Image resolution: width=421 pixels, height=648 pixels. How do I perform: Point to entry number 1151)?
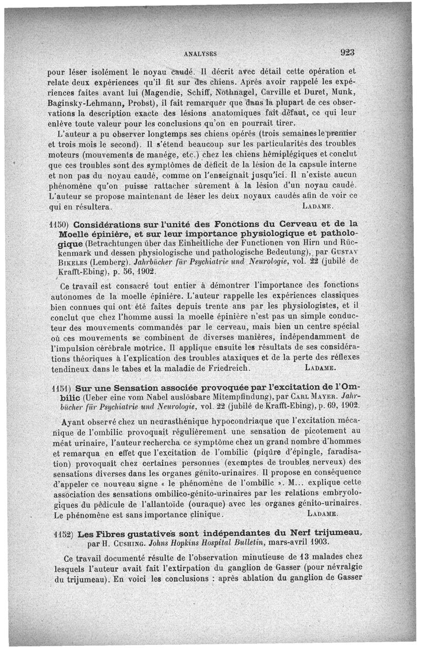pyautogui.click(x=63, y=386)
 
